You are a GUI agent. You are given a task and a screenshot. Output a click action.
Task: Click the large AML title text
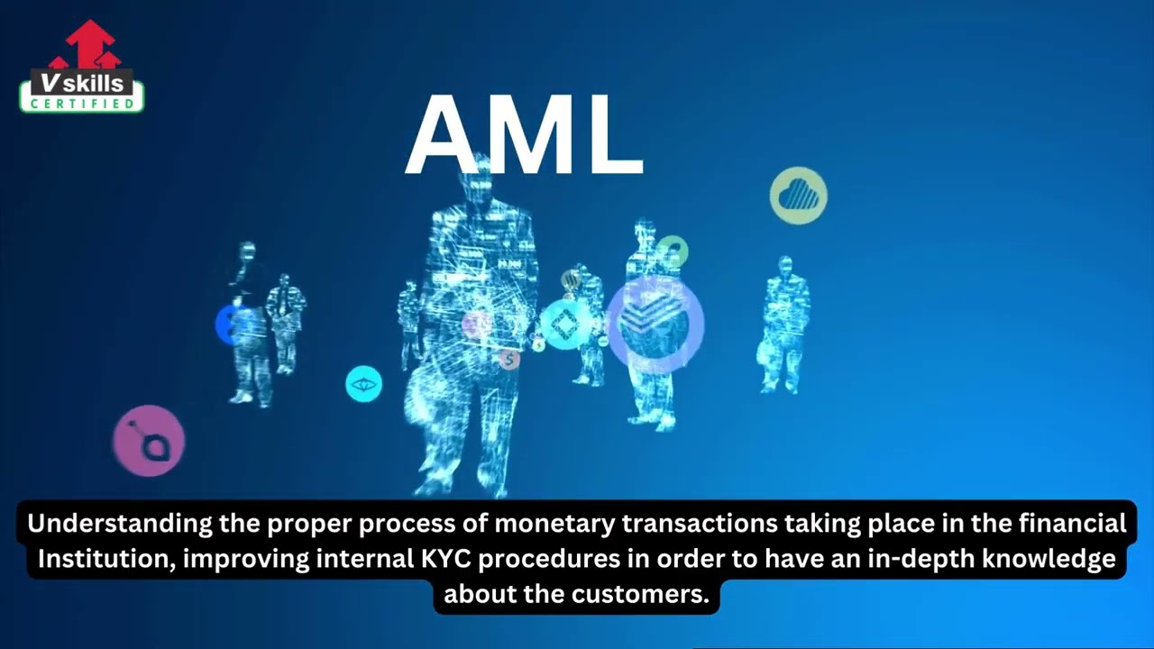coord(524,136)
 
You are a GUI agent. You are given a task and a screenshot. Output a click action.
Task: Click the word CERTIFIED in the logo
coord(82,104)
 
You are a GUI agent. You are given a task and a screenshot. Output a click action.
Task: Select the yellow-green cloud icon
coord(798,196)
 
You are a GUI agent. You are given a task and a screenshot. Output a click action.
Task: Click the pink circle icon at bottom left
coord(149,441)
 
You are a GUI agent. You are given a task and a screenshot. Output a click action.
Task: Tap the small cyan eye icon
coord(363,384)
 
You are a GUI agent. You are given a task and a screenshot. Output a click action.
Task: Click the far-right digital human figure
coord(784,324)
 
